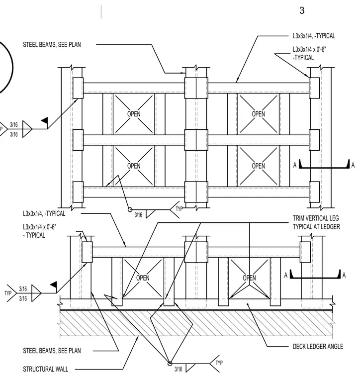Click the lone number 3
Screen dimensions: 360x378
302,10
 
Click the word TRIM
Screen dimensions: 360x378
299,218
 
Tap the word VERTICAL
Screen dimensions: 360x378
317,218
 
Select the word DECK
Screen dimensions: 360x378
299,347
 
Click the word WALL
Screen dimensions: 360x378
62,369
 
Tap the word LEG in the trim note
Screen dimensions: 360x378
334,218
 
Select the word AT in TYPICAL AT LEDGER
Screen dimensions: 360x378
317,227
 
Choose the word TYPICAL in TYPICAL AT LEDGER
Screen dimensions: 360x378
302,227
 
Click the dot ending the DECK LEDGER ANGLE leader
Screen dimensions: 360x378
248,304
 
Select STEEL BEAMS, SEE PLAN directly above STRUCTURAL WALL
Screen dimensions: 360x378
52,351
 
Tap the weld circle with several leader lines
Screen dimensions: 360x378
170,364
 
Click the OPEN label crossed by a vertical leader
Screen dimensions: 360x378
250,278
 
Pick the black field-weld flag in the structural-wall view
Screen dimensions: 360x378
54,284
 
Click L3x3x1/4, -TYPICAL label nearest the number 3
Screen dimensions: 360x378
314,36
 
